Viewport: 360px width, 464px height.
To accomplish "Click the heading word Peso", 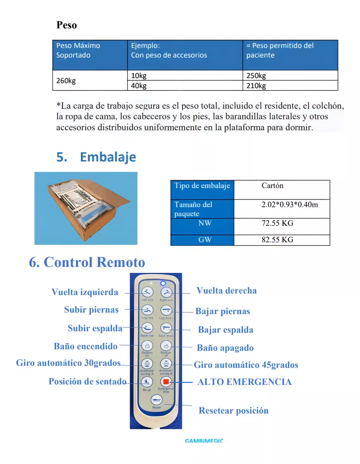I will [x=67, y=25].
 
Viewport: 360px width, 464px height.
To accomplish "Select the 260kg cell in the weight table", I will [x=66, y=80].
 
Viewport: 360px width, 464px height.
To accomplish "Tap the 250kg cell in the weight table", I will [x=256, y=76].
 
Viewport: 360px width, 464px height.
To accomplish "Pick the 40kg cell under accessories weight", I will [x=139, y=86].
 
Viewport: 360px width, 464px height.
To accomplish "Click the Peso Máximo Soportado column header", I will [x=78, y=50].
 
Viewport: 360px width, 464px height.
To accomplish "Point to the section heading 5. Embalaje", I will [x=96, y=157].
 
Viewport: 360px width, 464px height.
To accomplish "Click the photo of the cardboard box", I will [x=86, y=208].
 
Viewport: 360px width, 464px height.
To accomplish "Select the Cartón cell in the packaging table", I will [x=272, y=186].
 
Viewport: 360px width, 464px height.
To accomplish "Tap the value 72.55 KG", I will [x=277, y=223].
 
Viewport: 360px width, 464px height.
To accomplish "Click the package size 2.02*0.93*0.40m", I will [x=290, y=205].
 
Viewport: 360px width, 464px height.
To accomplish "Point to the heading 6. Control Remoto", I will [x=87, y=262].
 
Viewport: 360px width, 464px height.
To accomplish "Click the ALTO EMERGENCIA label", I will [x=244, y=382].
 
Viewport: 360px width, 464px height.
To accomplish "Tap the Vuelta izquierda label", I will [x=85, y=292].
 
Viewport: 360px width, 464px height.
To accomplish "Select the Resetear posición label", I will [x=233, y=411].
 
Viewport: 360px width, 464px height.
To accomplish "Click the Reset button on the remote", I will [x=156, y=400].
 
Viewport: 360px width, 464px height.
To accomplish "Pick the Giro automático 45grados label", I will [x=246, y=365].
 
